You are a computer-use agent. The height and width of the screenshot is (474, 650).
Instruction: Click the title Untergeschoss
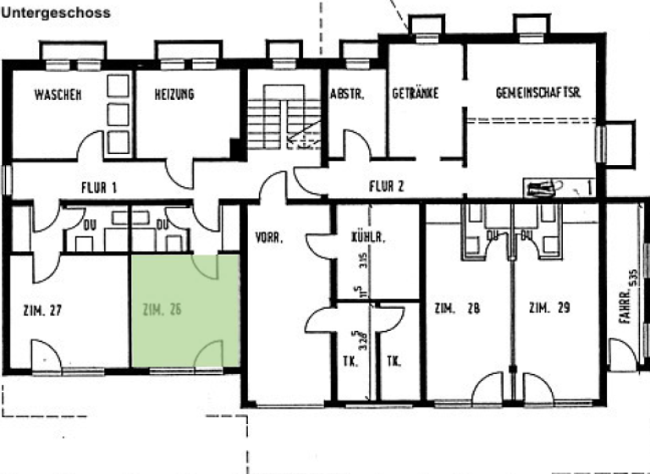pyautogui.click(x=55, y=14)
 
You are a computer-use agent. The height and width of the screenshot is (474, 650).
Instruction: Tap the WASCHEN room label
pyautogui.click(x=58, y=95)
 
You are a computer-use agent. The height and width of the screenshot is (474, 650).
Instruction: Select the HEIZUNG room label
pyautogui.click(x=174, y=95)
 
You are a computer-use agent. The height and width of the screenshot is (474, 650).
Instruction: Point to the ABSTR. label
pyautogui.click(x=347, y=95)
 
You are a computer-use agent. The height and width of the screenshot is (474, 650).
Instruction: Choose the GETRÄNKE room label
pyautogui.click(x=415, y=94)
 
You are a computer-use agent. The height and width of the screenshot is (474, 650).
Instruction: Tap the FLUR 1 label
pyautogui.click(x=98, y=187)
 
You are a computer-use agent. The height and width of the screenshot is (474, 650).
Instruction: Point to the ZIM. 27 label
pyautogui.click(x=43, y=310)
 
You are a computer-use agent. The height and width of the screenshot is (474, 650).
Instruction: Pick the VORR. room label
pyautogui.click(x=268, y=239)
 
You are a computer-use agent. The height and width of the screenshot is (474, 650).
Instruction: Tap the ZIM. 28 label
pyautogui.click(x=456, y=308)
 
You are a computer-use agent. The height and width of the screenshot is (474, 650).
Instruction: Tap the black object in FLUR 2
pyautogui.click(x=539, y=188)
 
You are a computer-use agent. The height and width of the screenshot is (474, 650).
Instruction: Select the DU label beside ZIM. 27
pyautogui.click(x=90, y=225)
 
